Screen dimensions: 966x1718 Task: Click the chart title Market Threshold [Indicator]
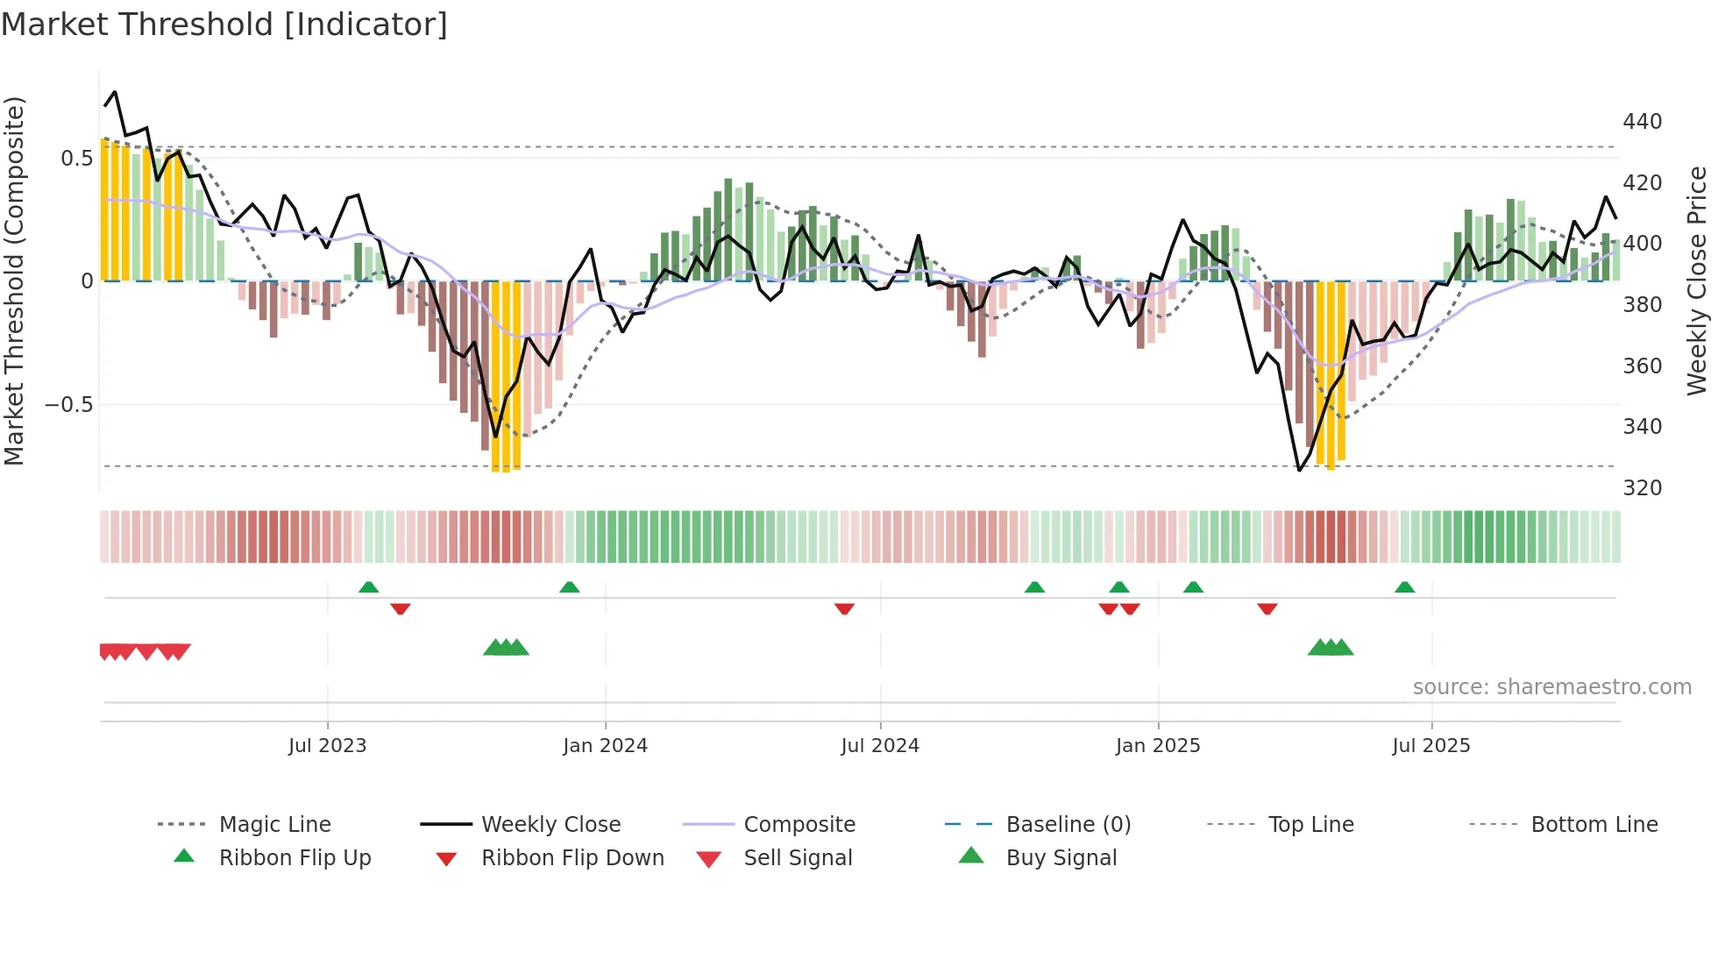point(224,25)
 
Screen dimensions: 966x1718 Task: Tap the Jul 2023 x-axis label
point(327,746)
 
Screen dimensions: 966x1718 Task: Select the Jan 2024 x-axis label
point(605,746)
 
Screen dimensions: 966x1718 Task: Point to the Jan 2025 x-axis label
point(1158,746)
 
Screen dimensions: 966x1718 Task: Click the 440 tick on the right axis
point(1642,122)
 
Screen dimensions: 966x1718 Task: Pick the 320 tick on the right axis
point(1642,488)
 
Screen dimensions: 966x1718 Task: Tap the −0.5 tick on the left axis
point(69,405)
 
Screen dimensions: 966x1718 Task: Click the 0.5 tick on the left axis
point(76,159)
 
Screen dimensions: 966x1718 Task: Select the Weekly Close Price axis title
point(1697,281)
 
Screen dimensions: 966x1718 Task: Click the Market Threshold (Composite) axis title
point(14,281)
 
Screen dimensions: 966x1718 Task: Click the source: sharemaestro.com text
point(1551,687)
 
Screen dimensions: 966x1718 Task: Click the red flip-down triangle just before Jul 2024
point(844,608)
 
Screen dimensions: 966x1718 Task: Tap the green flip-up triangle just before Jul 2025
point(1404,587)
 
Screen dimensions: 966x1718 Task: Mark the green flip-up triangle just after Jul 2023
point(368,587)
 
